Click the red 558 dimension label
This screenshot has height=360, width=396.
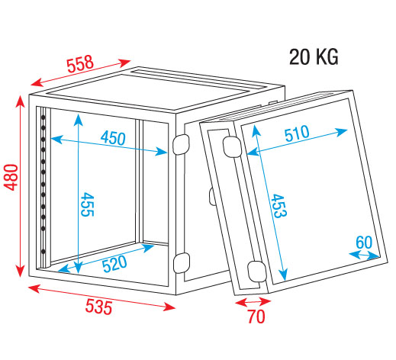(80, 63)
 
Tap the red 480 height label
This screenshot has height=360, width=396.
(11, 177)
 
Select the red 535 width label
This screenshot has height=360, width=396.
(98, 307)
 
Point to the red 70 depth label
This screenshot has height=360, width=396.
(256, 317)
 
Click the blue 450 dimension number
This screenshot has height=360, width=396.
(113, 138)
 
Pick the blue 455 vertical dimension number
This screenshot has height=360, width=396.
(87, 204)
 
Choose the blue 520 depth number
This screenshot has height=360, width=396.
(114, 263)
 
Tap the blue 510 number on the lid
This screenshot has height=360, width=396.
(297, 133)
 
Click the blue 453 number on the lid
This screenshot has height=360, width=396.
(278, 206)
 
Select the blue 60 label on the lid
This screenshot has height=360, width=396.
(364, 243)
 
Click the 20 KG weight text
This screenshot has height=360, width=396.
(314, 57)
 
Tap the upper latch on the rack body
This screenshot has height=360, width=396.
(182, 144)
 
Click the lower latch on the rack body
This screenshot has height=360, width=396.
(182, 263)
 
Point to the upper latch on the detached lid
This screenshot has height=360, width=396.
(232, 146)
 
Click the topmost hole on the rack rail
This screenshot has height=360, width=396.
(43, 117)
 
